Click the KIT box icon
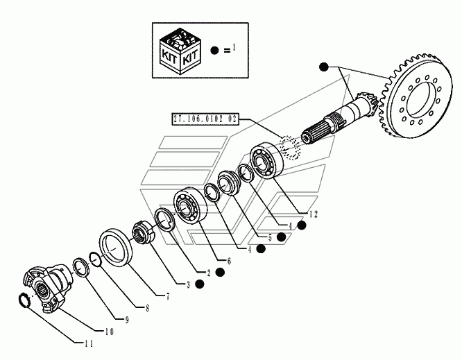tap(180, 51)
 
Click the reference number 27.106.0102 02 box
tap(205, 119)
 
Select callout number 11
tap(89, 343)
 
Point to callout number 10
tap(110, 332)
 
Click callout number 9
tap(127, 320)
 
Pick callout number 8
tap(147, 308)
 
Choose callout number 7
tap(168, 296)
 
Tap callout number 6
tap(229, 261)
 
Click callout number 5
tap(270, 237)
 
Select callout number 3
tap(188, 284)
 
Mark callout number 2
tap(209, 273)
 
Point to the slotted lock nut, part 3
tap(143, 233)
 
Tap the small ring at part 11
tap(24, 300)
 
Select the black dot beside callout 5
tap(282, 237)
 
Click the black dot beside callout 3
tap(200, 284)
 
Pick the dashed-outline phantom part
tap(290, 147)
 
